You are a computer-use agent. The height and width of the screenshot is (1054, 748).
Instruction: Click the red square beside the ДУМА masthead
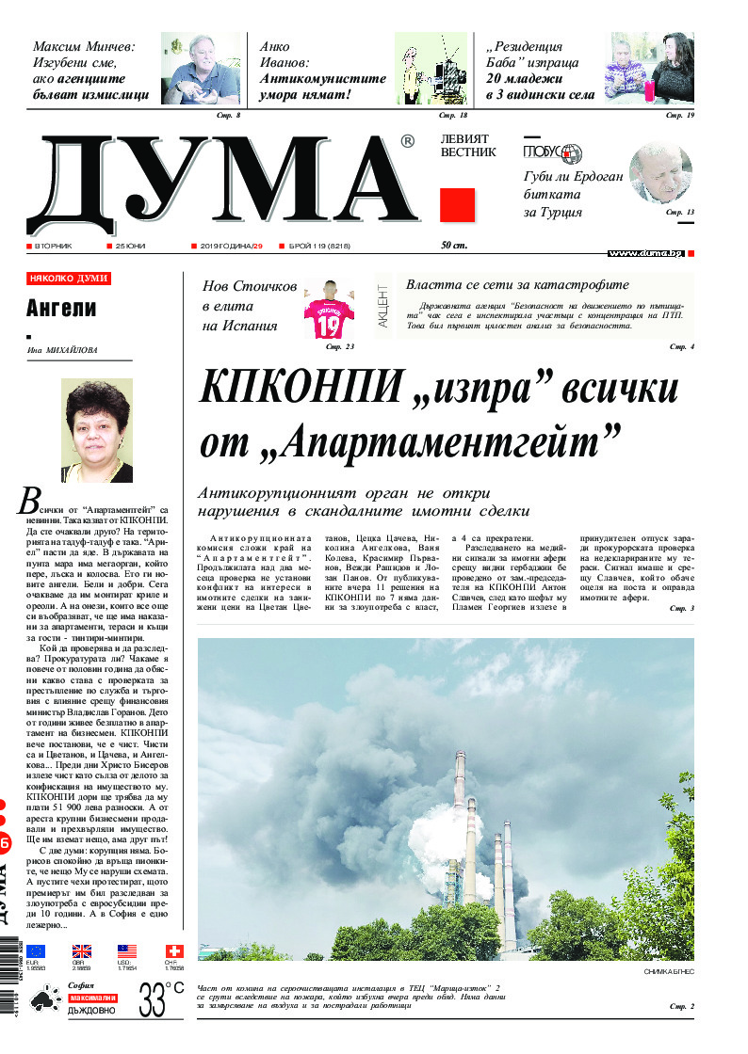point(457,205)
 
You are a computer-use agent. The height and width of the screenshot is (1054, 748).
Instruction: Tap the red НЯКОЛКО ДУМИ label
point(69,279)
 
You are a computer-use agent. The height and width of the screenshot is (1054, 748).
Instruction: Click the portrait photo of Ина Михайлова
point(96,431)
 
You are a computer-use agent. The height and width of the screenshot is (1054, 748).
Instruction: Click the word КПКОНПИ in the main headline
point(298,388)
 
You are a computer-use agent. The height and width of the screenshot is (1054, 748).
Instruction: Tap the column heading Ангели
point(61,309)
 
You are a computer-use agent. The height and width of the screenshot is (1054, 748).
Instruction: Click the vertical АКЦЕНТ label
point(383,306)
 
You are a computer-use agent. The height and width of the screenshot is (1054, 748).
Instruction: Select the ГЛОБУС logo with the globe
point(553,153)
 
